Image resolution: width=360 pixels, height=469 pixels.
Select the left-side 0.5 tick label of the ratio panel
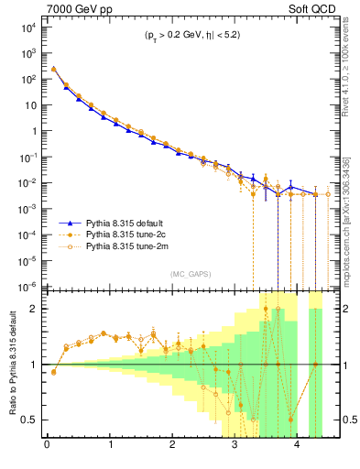click(x=30, y=420)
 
